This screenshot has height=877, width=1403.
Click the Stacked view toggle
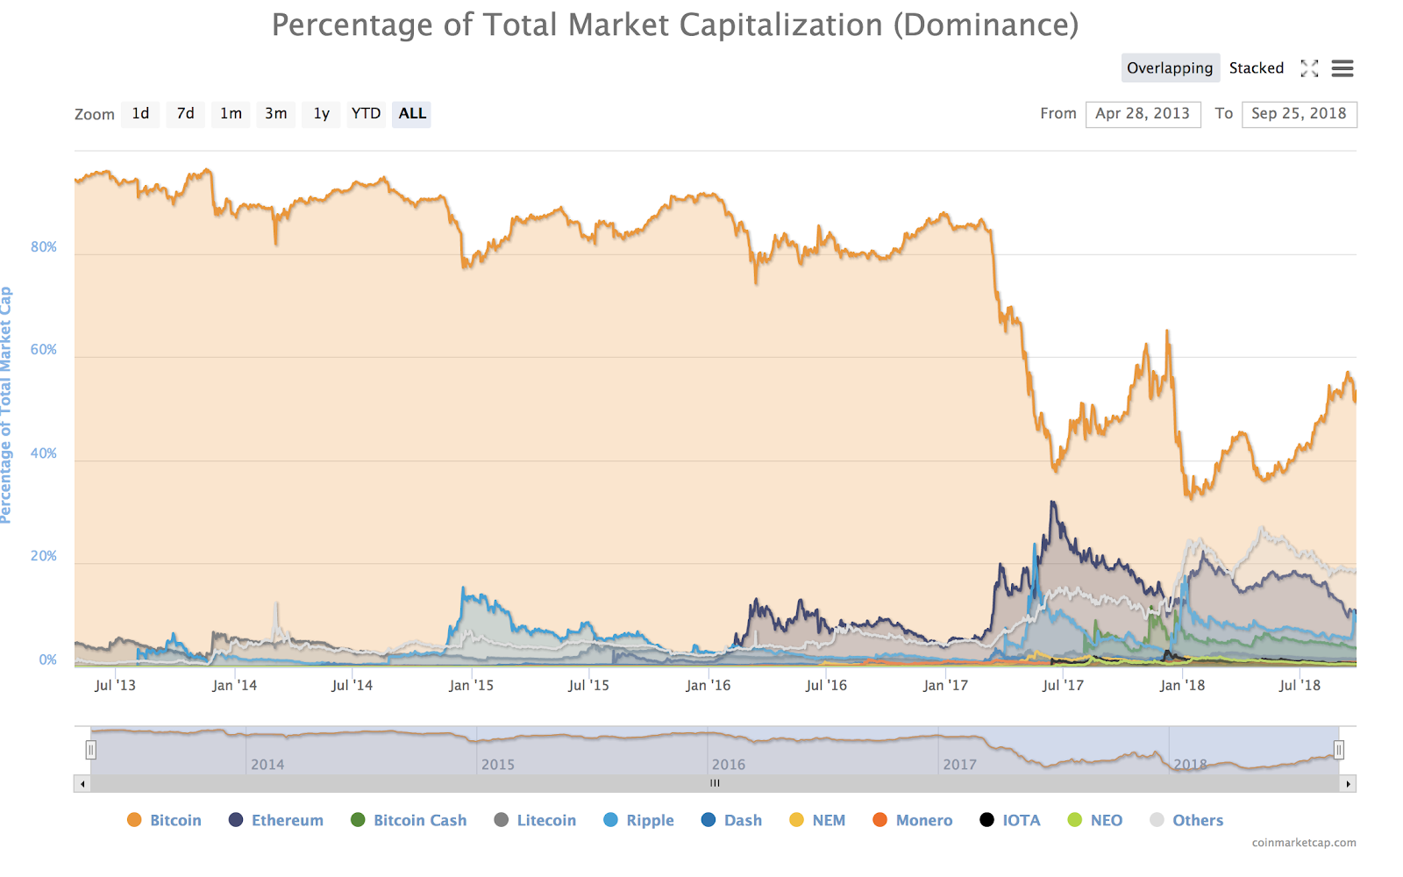pos(1256,68)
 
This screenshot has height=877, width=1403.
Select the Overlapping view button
pos(1170,68)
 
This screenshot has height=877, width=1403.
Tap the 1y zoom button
pos(322,114)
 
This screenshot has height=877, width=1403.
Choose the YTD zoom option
pos(366,114)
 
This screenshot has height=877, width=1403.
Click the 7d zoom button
pos(185,114)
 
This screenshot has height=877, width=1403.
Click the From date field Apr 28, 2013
pos(1143,114)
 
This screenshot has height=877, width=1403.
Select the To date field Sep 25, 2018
pos(1299,114)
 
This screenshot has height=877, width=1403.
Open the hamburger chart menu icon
pos(1342,68)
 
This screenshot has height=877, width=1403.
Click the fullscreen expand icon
pos(1309,68)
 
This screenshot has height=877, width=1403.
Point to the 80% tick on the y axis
pos(44,247)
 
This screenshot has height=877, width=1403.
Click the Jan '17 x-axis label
pos(945,686)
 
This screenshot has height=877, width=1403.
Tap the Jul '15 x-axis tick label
pos(588,686)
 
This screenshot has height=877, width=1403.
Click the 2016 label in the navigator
pos(729,765)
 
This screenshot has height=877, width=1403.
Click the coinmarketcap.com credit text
pos(1304,843)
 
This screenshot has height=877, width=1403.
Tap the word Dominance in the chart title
pos(986,25)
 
